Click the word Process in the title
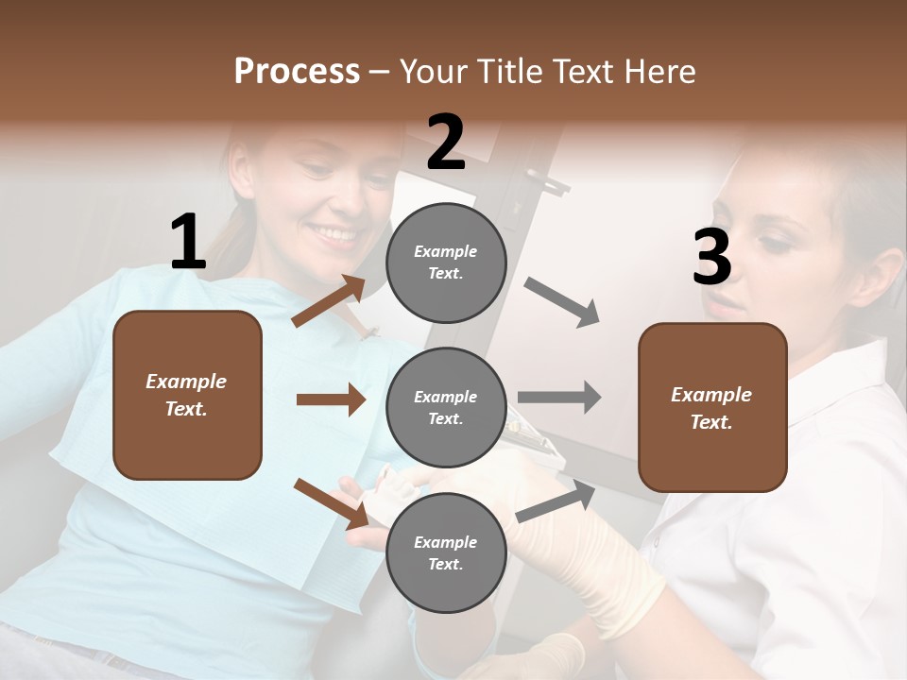(297, 72)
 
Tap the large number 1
(188, 243)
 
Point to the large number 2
(446, 143)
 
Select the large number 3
(711, 258)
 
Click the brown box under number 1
(187, 395)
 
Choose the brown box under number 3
(712, 407)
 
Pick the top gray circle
(446, 263)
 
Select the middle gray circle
(446, 407)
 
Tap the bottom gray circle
(446, 552)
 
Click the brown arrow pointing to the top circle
(329, 301)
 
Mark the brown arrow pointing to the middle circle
(331, 399)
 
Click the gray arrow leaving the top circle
(562, 302)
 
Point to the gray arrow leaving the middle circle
(559, 397)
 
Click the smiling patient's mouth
(336, 232)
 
